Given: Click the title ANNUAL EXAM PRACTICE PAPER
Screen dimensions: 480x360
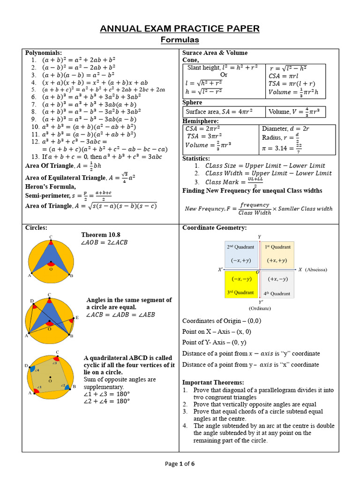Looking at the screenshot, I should coord(180,29).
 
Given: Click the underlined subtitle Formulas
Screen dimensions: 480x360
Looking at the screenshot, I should coord(180,40).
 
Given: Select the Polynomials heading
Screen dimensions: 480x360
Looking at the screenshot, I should coord(44,53).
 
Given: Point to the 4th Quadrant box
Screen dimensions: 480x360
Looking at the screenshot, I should coord(277,285).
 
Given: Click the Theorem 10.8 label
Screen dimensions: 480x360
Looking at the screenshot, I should coord(101,234).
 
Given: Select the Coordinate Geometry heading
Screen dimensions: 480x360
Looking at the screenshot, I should coord(214,228).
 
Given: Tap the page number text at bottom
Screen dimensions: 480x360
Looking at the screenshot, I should coord(180,464).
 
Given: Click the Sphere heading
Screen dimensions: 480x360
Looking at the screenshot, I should coord(192,102).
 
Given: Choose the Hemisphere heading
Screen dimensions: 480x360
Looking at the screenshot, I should coord(200,121).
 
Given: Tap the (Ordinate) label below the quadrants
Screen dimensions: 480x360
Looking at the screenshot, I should coord(259,308).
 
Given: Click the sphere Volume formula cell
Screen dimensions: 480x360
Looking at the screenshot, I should coord(295,112).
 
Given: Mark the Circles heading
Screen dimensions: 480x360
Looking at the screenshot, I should coord(36,228).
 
